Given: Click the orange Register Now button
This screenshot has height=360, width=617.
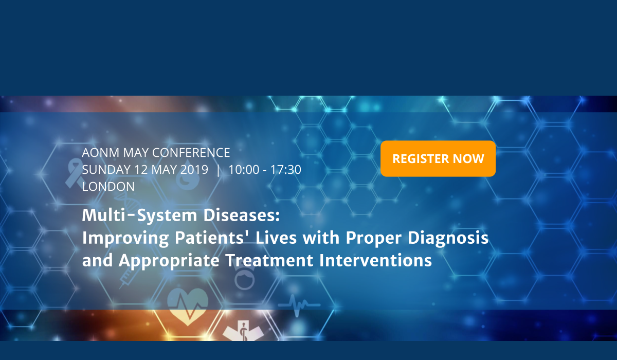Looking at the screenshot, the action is click(438, 158).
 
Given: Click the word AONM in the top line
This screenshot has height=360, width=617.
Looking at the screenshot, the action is click(101, 153).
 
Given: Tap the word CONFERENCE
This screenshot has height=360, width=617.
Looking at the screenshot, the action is click(191, 153).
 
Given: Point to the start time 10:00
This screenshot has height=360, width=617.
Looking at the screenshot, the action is click(244, 169).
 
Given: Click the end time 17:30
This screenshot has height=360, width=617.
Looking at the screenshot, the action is click(286, 169).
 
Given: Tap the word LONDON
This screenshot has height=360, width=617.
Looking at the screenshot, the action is click(108, 187).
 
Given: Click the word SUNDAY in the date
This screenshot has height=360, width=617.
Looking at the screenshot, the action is click(106, 169).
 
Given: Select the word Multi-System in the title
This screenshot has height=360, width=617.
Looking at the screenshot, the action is click(140, 215).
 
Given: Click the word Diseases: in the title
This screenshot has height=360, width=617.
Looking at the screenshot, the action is click(242, 215).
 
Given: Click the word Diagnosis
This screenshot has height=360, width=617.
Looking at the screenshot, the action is click(448, 238).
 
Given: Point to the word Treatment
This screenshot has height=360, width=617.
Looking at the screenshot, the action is click(269, 260).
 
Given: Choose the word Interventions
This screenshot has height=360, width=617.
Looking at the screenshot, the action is click(375, 260).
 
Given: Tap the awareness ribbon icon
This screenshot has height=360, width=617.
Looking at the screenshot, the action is click(74, 173).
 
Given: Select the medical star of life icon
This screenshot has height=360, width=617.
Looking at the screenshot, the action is click(243, 331).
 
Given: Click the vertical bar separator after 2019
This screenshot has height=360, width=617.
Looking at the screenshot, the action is click(219, 170).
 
